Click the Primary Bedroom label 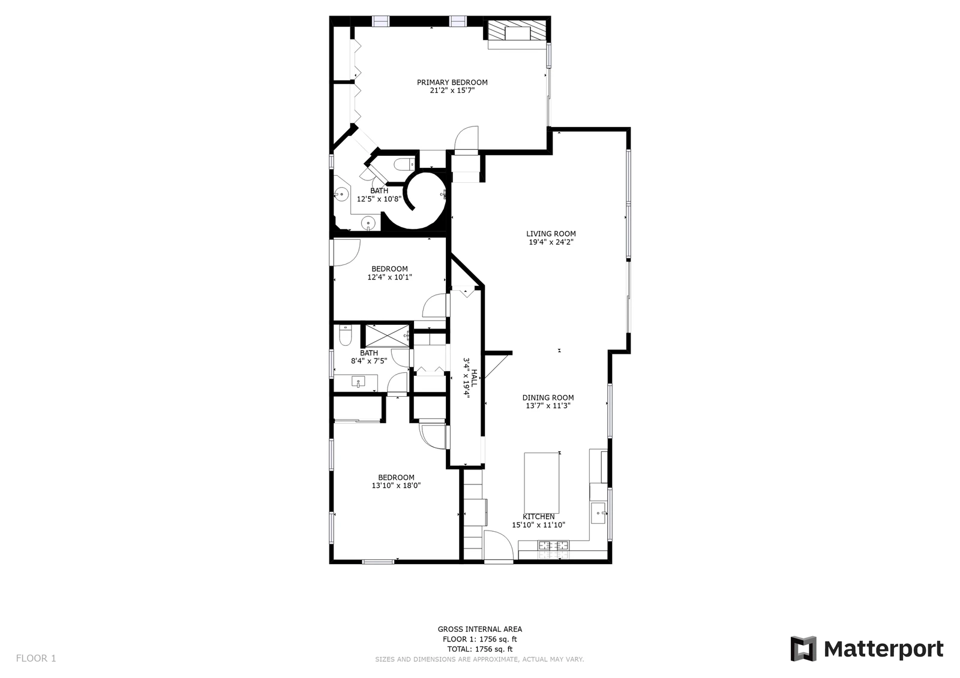point(452,82)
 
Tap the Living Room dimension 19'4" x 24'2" point(551,242)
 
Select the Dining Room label point(548,397)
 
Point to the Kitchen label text point(539,517)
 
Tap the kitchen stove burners point(554,546)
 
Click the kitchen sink point(598,513)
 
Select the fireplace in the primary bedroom point(518,31)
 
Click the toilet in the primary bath point(404,164)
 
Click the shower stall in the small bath point(386,336)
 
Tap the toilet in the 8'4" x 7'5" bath point(345,335)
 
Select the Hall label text point(473,378)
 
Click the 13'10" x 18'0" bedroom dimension point(396,485)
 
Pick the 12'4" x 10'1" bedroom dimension point(389,277)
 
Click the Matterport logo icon point(803,649)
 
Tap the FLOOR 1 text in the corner point(36,658)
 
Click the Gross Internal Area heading point(479,629)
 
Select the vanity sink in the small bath point(358,381)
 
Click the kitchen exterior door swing point(499,545)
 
